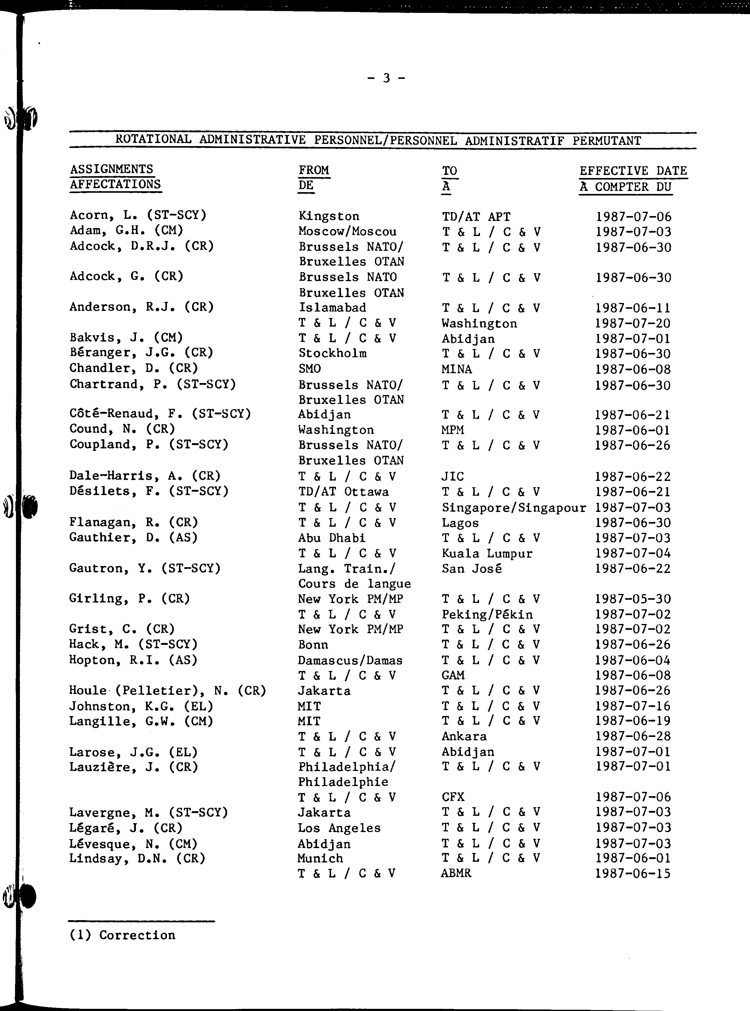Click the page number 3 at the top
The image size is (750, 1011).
point(386,79)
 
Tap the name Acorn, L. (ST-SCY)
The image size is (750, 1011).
point(138,215)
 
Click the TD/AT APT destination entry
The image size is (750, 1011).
point(476,217)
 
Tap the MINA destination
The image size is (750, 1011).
point(456,370)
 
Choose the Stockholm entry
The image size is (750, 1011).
point(332,354)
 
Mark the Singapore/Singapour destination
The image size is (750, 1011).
point(513,508)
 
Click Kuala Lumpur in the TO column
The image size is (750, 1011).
point(487,553)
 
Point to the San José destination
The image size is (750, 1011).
point(471,569)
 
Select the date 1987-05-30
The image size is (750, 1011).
point(632,599)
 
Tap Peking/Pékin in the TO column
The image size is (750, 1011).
point(487,615)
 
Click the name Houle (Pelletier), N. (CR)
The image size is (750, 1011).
point(167,691)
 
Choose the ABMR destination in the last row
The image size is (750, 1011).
point(456,873)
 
